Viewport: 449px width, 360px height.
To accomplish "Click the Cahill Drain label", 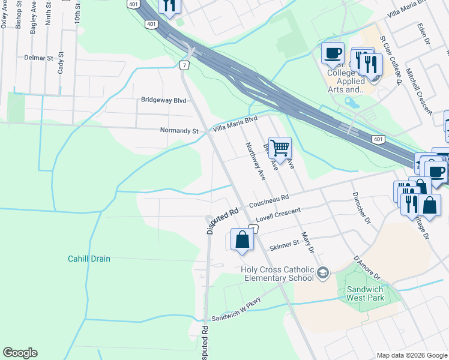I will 88,259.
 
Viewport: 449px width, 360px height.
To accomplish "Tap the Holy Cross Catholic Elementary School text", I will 277,273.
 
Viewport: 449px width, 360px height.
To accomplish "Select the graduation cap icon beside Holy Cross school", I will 323,274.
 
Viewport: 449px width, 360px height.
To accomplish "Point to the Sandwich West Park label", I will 364,293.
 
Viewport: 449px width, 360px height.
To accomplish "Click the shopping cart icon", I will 280,148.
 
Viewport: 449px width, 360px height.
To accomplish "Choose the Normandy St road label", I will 179,130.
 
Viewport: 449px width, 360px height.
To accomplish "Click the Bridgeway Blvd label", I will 163,100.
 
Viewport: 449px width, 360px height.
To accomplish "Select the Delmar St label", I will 39,58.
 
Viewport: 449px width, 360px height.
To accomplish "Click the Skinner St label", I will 284,245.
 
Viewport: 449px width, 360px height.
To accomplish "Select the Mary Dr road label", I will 309,242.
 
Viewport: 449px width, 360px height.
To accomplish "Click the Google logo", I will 20,353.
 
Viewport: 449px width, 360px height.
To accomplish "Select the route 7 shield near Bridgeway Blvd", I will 184,64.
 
